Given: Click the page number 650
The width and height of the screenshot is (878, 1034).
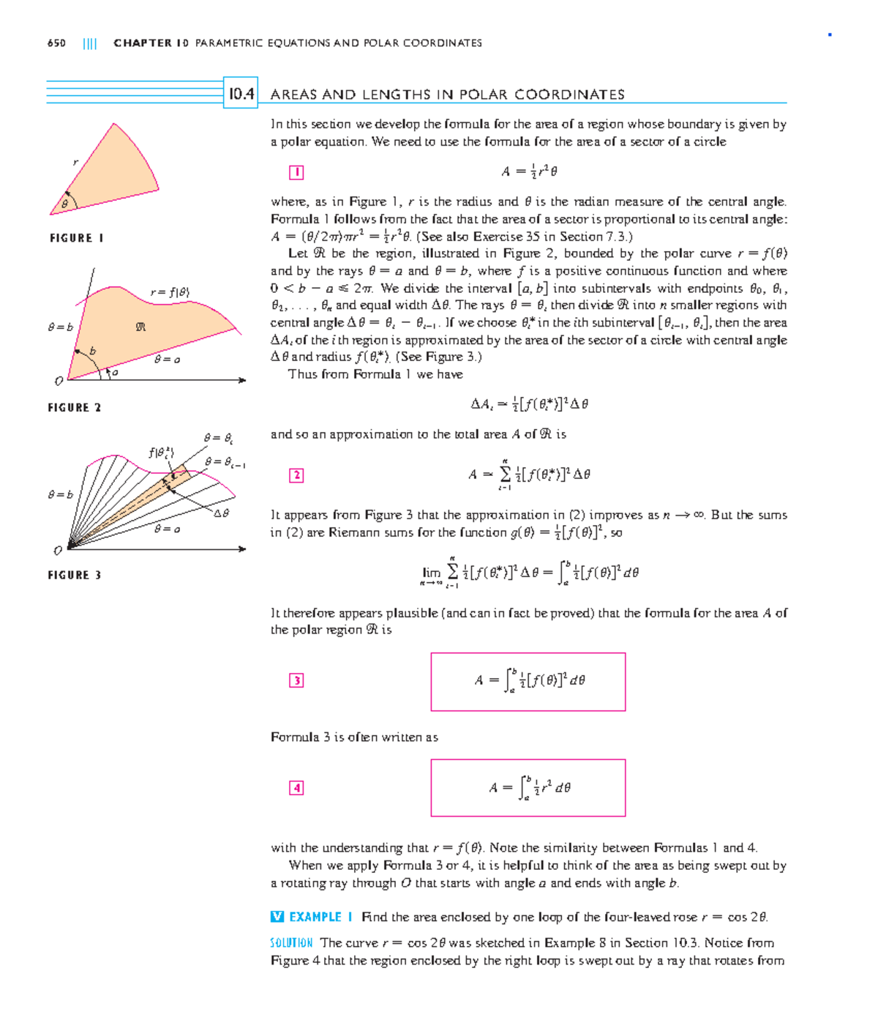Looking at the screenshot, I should click(x=56, y=43).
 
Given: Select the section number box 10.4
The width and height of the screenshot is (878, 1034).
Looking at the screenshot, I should click(x=241, y=94).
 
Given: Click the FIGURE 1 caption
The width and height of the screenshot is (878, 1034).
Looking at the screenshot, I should click(x=76, y=238).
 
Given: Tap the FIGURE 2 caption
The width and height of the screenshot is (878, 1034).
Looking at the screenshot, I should click(x=75, y=407).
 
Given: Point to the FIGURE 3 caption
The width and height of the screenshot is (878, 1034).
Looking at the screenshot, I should click(x=75, y=575).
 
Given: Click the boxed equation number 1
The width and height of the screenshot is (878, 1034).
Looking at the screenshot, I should click(x=296, y=173).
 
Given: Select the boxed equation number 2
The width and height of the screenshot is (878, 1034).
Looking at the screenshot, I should click(x=296, y=475).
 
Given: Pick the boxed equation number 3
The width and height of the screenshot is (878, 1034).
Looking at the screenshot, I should click(x=296, y=680).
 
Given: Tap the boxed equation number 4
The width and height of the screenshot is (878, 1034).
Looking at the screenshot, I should click(x=296, y=788).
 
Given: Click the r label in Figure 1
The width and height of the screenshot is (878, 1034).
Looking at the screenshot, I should click(x=75, y=162).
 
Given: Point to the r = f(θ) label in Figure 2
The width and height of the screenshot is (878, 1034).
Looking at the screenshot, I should click(x=170, y=292).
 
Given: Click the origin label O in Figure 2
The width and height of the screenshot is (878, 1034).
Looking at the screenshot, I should click(x=59, y=381).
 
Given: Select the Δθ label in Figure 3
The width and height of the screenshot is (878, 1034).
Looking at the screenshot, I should click(x=221, y=513).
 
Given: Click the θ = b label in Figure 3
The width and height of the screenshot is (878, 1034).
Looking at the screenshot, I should click(x=60, y=494).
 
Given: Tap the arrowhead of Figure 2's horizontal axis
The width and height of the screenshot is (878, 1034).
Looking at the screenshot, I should click(x=242, y=380).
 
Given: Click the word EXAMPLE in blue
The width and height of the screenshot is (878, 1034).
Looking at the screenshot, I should click(x=315, y=917).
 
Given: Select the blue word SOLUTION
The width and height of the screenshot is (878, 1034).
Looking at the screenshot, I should click(x=291, y=942).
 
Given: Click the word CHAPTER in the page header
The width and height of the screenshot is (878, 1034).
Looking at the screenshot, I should click(x=143, y=43).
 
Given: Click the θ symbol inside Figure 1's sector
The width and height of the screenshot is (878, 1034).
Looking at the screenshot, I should click(x=64, y=204).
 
